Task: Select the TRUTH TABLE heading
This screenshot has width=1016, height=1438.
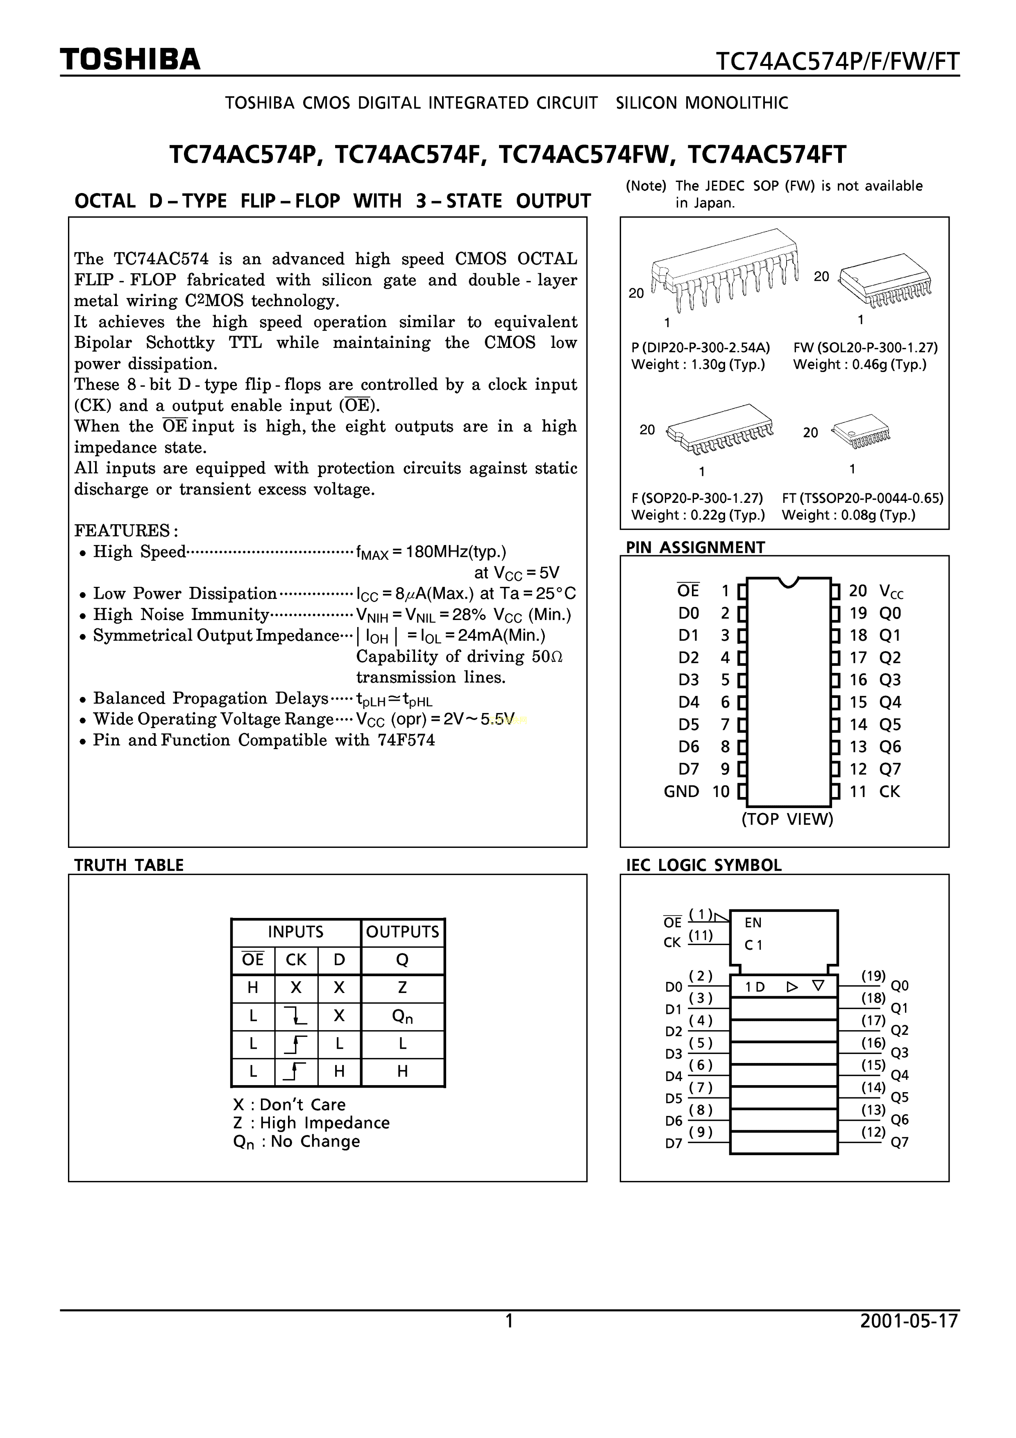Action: point(129,865)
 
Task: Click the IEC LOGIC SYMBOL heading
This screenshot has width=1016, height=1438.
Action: point(704,865)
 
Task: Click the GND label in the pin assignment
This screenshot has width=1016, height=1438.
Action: point(681,792)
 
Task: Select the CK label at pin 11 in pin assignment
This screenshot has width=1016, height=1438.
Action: point(889,792)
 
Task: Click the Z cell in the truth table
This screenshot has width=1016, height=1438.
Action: point(403,988)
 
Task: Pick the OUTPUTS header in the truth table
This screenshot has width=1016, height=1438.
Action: point(403,932)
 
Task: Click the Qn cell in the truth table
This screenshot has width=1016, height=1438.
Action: point(403,1016)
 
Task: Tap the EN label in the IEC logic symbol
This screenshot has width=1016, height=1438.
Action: point(753,922)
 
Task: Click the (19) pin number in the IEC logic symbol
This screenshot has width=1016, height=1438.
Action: point(873,976)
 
